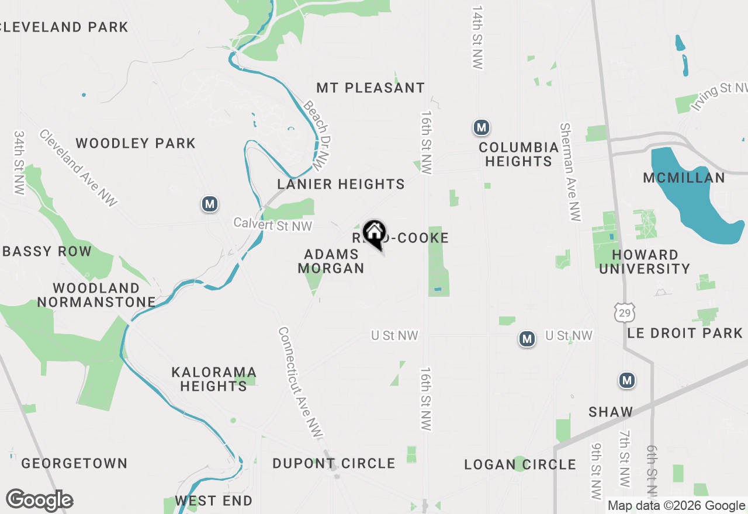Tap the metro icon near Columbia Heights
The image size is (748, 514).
click(x=481, y=127)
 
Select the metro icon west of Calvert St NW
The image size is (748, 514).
click(x=210, y=204)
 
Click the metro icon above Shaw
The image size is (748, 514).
click(x=626, y=381)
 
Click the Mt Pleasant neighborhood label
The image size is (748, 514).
click(x=370, y=88)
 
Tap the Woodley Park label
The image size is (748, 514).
click(x=136, y=143)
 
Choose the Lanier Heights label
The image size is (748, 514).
click(x=341, y=184)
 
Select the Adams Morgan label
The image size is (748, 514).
click(x=331, y=261)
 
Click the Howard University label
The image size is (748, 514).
click(x=645, y=262)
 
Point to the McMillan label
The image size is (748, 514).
click(x=684, y=178)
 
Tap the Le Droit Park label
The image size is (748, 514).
click(x=684, y=333)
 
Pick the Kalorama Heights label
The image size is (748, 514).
click(x=214, y=379)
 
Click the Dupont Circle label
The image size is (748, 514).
click(x=334, y=463)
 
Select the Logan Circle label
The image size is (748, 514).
click(x=520, y=464)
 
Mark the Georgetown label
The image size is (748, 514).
click(x=74, y=463)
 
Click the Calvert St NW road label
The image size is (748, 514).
click(x=273, y=224)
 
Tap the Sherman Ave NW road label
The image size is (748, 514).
click(x=570, y=172)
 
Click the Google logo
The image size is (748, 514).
click(x=40, y=500)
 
